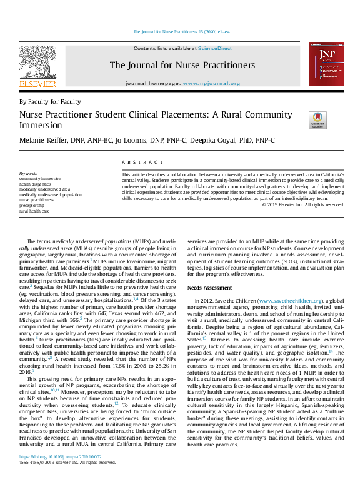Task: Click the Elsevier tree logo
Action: click(37, 63)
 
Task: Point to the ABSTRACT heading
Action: click(137, 161)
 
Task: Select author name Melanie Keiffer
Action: click(48, 140)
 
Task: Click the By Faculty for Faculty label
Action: click(50, 101)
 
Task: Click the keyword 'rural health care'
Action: click(35, 211)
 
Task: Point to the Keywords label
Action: click(28, 173)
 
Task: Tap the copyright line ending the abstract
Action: click(302, 204)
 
